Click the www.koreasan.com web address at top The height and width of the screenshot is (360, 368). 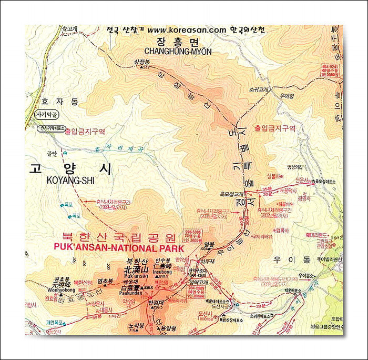(186, 30)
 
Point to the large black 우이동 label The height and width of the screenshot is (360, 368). (287, 259)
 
